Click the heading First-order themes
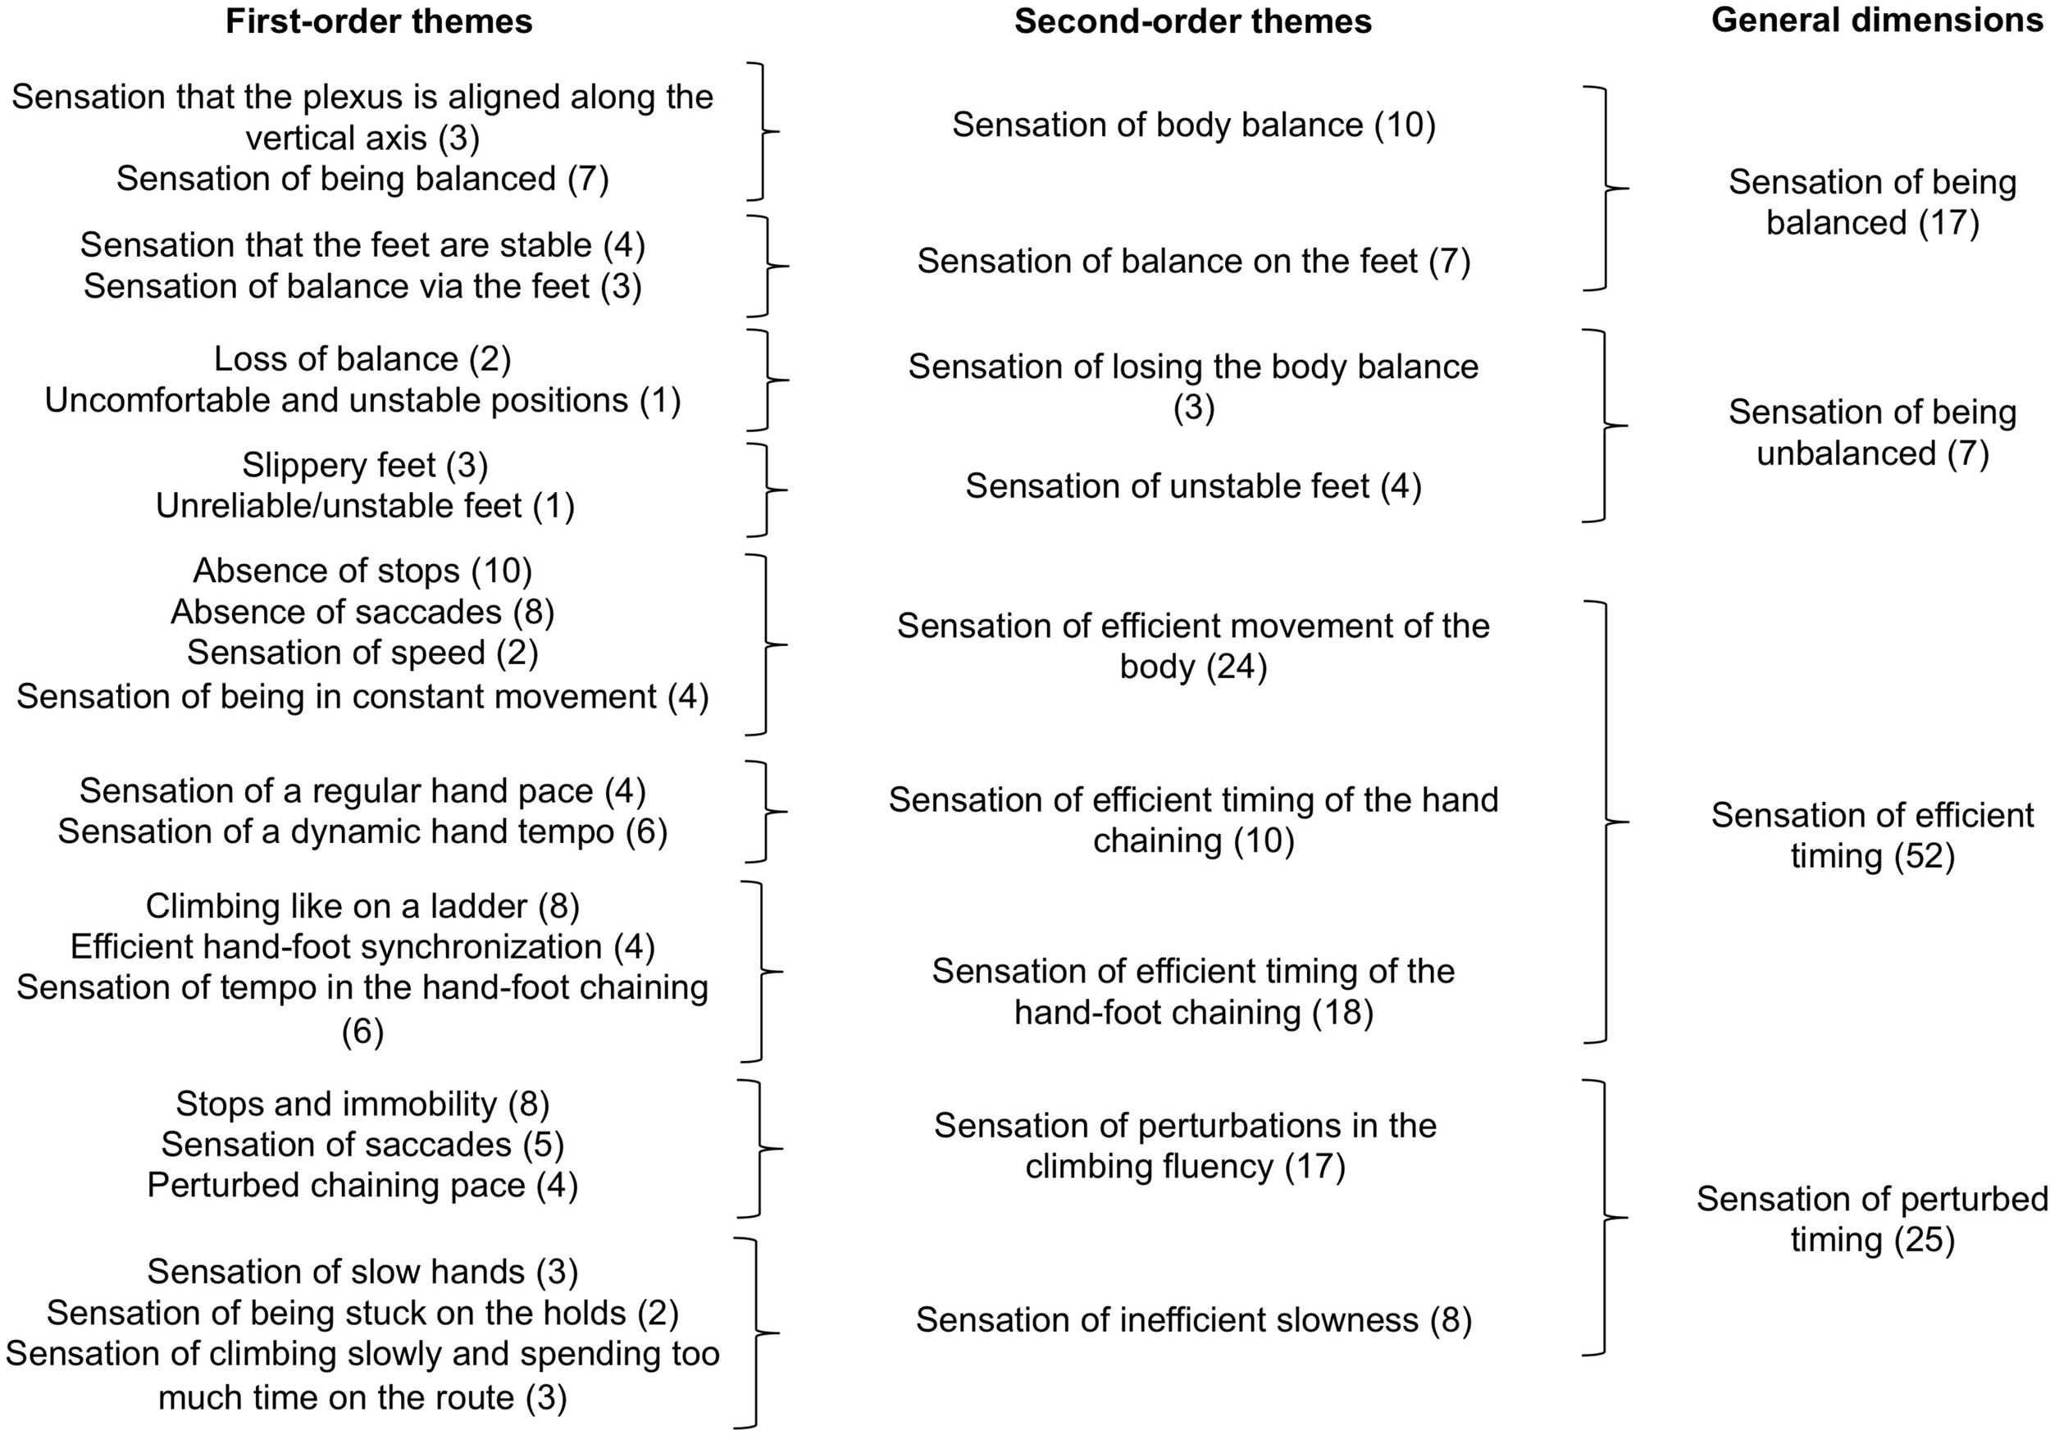pos(379,21)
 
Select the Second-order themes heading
pos(1193,21)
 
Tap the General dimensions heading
pos(1877,20)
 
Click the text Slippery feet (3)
pos(364,465)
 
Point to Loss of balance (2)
pos(362,359)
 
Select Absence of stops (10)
pos(362,571)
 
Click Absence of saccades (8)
pos(362,613)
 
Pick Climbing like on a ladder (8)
pos(362,906)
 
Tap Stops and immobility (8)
pos(362,1105)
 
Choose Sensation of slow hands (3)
pos(362,1272)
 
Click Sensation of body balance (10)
pos(1194,125)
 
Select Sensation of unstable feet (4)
pos(1194,486)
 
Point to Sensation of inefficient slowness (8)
pos(1194,1320)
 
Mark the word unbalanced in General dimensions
pos(1847,454)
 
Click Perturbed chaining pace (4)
pos(362,1186)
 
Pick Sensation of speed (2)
pos(362,654)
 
